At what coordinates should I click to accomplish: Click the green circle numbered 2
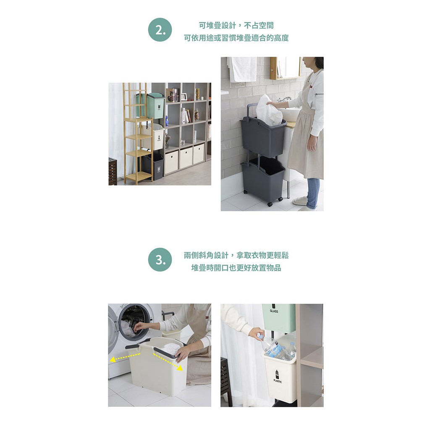[160, 30]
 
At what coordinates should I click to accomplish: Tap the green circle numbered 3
[160, 260]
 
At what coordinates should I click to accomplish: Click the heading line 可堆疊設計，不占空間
[236, 26]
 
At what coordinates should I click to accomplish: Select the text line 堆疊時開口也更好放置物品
[236, 267]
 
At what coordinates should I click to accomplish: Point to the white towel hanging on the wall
[242, 69]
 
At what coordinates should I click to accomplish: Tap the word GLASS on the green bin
[274, 311]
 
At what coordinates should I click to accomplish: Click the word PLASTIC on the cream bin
[278, 381]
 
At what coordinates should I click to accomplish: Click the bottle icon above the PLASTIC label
[277, 374]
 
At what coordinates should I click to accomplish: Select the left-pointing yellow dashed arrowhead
[113, 360]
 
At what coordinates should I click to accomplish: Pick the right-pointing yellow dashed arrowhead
[180, 368]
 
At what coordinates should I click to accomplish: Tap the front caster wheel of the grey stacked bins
[270, 204]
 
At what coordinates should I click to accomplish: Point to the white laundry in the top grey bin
[269, 110]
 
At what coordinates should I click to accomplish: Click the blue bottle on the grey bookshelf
[167, 121]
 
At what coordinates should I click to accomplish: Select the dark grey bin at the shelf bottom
[153, 166]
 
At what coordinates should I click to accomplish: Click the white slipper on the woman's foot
[300, 201]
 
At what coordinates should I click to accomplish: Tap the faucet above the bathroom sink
[284, 99]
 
